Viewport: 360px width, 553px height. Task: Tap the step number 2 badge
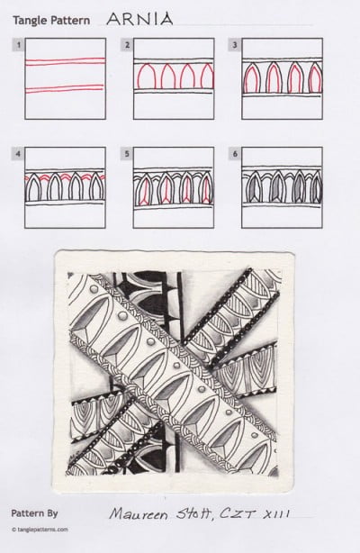click(128, 43)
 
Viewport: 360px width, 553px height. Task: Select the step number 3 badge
click(235, 43)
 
